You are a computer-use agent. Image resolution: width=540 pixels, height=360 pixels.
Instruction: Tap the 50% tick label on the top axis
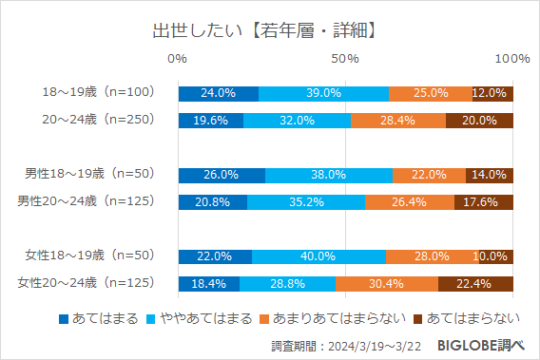[345, 60]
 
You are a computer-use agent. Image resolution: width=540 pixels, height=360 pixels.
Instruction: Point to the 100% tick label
[511, 60]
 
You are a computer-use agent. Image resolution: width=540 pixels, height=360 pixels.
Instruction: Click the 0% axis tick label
[178, 60]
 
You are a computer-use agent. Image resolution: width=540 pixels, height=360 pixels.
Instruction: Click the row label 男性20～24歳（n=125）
[89, 201]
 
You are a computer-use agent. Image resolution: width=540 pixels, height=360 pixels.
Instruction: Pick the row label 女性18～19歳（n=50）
[92, 256]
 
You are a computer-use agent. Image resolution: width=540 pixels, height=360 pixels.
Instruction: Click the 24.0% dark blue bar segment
[218, 93]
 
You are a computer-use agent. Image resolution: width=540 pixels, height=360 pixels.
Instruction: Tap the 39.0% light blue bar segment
[323, 93]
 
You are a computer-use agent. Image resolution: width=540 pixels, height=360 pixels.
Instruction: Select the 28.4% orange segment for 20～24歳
[397, 121]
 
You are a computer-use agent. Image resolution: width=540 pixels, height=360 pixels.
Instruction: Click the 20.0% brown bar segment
[479, 121]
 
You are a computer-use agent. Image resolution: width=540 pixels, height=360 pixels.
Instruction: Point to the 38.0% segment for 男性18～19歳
[328, 175]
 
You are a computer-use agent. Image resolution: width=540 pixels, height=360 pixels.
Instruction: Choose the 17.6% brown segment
[483, 201]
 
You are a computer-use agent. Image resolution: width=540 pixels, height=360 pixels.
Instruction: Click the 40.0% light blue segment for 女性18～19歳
[318, 256]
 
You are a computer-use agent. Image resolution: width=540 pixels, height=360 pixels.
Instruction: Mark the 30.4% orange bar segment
[386, 283]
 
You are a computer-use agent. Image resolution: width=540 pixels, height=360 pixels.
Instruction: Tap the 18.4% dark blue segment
[208, 283]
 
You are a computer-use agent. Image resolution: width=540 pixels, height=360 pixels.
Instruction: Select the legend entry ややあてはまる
[202, 316]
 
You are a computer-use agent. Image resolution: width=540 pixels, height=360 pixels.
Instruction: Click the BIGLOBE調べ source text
[482, 343]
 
